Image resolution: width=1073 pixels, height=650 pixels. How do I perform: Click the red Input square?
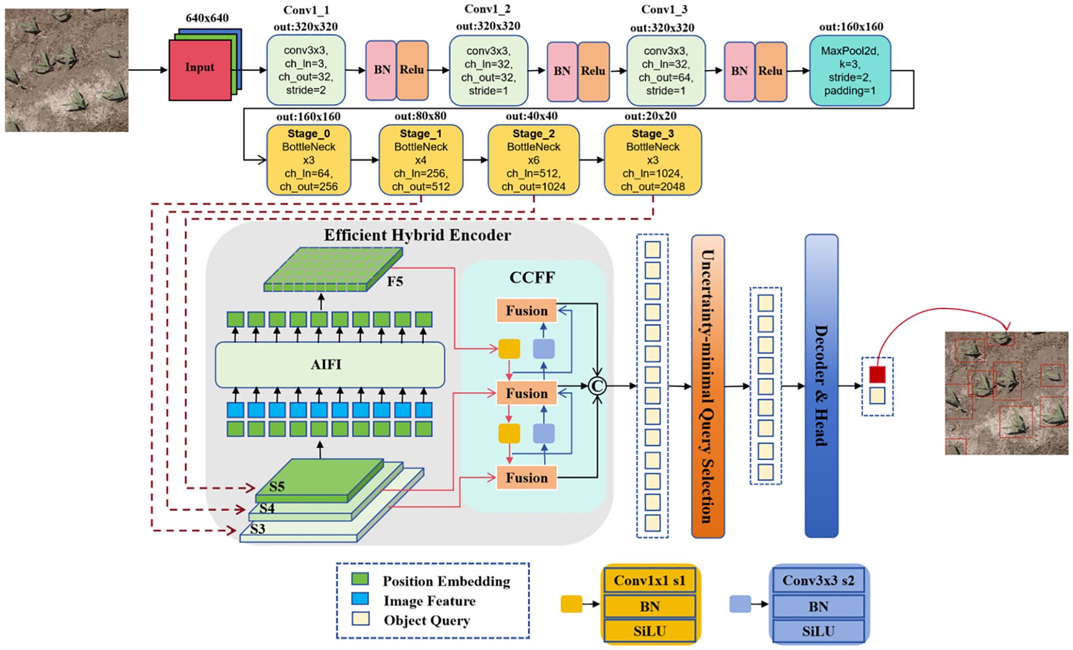click(x=200, y=69)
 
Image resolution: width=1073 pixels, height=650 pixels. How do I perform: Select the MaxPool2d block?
click(x=849, y=71)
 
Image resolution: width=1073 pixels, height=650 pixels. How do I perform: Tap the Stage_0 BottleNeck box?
click(x=308, y=160)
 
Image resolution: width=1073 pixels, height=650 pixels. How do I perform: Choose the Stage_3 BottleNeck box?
click(x=652, y=160)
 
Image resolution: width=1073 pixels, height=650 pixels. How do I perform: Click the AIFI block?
click(x=329, y=365)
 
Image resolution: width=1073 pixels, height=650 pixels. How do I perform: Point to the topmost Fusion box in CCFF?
click(x=526, y=311)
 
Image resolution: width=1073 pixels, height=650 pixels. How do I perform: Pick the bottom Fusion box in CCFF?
click(x=526, y=478)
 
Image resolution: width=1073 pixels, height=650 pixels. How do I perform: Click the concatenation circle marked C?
click(x=597, y=386)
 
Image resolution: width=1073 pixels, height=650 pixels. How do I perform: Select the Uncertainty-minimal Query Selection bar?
click(x=707, y=386)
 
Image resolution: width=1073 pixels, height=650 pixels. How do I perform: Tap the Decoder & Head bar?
click(x=821, y=386)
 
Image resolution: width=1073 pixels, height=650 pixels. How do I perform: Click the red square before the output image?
click(x=877, y=375)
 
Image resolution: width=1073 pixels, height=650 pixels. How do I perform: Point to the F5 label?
click(x=395, y=281)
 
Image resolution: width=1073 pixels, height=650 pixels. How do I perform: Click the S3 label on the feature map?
click(x=258, y=529)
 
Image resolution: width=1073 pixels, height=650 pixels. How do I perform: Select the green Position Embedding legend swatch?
click(x=360, y=579)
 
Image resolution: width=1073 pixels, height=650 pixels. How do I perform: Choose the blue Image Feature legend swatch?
click(x=360, y=598)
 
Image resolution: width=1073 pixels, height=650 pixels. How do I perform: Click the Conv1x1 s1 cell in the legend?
click(x=649, y=581)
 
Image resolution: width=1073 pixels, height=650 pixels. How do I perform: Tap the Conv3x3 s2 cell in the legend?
click(x=818, y=581)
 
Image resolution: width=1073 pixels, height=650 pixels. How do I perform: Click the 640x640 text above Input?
click(x=207, y=18)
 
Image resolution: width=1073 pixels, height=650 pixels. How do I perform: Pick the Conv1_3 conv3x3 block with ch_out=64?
click(x=666, y=71)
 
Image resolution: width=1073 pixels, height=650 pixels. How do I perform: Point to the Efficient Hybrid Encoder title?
click(x=417, y=235)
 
